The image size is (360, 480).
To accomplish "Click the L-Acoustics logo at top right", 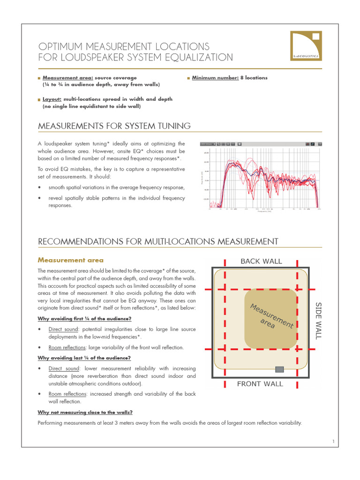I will (305, 46).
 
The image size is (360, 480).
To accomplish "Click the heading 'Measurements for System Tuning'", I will (114, 126).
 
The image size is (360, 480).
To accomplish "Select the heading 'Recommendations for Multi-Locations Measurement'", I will (157, 241).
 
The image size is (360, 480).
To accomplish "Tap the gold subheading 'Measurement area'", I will (70, 260).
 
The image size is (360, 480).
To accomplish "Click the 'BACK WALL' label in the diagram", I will (261, 261).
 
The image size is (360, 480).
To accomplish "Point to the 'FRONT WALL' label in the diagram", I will (260, 384).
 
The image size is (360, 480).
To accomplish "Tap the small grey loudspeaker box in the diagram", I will (279, 369).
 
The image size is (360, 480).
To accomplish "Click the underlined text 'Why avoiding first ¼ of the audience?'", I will (84, 319).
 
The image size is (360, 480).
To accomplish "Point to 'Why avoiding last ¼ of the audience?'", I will (84, 358).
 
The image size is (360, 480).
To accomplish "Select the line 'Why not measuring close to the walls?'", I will (85, 412).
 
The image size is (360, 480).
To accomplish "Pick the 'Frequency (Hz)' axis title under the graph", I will (264, 211).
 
